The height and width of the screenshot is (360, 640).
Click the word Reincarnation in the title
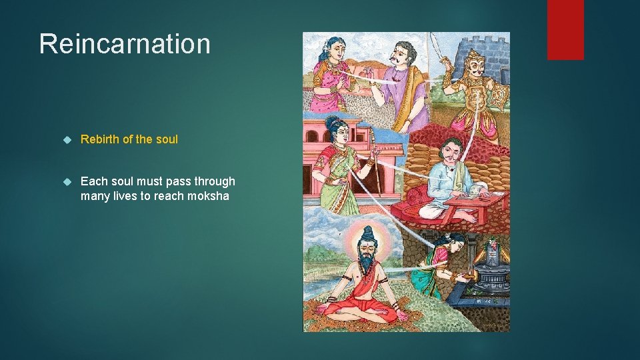(x=125, y=44)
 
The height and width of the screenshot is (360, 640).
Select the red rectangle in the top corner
(x=565, y=29)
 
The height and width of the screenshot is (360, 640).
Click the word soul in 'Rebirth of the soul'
(x=167, y=139)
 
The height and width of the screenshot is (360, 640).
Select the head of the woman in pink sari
(x=335, y=50)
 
